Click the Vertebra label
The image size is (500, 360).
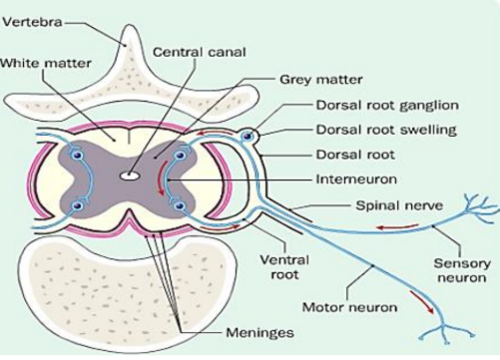(x=32, y=23)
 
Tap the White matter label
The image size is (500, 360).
(x=46, y=63)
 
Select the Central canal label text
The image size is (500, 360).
(x=200, y=52)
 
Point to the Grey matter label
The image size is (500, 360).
(x=321, y=80)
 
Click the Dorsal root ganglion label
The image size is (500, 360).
(x=387, y=106)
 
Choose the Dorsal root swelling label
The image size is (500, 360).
(x=386, y=130)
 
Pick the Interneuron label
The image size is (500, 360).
(x=356, y=180)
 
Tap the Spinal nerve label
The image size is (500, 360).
(x=399, y=205)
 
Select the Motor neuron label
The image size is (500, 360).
(x=349, y=307)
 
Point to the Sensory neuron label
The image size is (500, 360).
(x=462, y=270)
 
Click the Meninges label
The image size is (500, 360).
(x=259, y=332)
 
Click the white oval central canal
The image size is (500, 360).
(x=129, y=176)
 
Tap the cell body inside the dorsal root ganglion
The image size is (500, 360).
(x=248, y=136)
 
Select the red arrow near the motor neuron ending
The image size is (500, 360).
(x=422, y=301)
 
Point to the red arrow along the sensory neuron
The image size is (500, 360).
(x=397, y=227)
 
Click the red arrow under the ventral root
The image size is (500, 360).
(x=221, y=228)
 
